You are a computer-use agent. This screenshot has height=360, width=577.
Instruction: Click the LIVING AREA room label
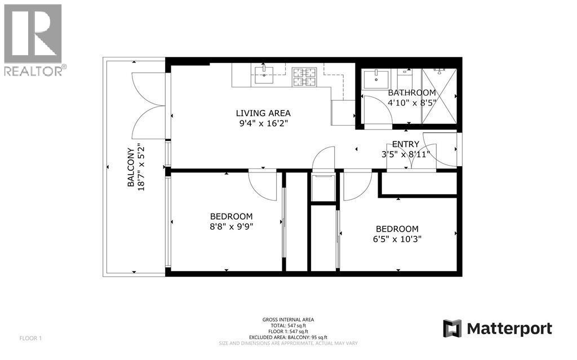coord(263,113)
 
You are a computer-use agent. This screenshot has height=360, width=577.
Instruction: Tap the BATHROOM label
coord(412,93)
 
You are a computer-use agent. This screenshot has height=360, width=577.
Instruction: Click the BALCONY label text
coord(131,167)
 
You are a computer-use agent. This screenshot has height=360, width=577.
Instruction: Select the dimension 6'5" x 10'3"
coord(397,238)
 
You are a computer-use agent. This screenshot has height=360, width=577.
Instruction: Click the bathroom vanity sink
coord(372,79)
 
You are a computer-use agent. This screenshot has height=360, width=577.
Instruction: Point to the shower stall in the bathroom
coord(439,96)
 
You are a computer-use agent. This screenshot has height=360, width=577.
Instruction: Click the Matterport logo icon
coord(452,328)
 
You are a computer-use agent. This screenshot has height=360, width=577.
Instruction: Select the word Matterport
coord(509,328)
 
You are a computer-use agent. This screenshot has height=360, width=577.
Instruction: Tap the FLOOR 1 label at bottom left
coord(31,339)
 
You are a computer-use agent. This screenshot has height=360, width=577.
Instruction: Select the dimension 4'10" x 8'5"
coord(412,103)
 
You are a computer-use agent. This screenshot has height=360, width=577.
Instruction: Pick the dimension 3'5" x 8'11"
coord(406,154)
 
